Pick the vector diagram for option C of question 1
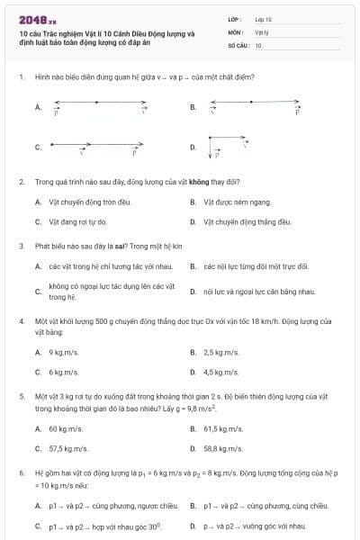(94, 145)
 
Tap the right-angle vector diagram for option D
(225, 144)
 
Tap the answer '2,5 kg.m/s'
(221, 352)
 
